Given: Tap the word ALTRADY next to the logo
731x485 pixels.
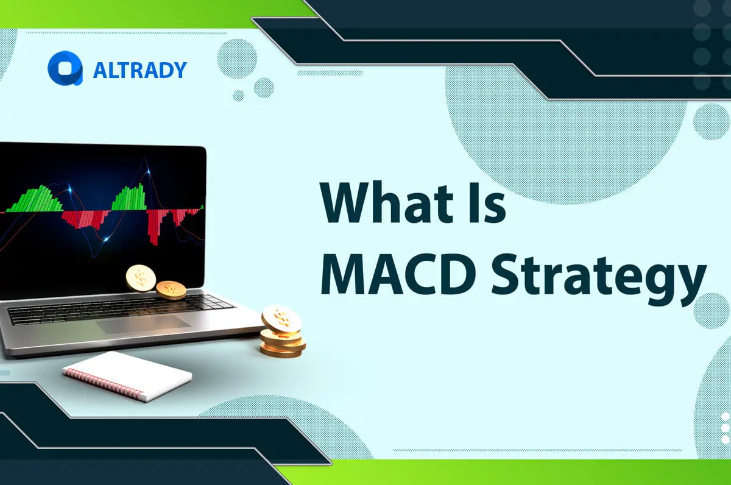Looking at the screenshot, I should [139, 70].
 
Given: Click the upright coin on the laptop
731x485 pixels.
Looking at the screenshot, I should [141, 277].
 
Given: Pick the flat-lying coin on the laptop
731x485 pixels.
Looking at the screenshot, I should [171, 289].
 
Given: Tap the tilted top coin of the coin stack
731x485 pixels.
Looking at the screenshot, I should [281, 319].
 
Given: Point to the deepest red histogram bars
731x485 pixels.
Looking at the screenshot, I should [154, 227].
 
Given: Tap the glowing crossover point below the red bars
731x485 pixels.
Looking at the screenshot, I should [107, 238].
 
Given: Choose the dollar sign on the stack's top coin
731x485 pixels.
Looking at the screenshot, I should [281, 317].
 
